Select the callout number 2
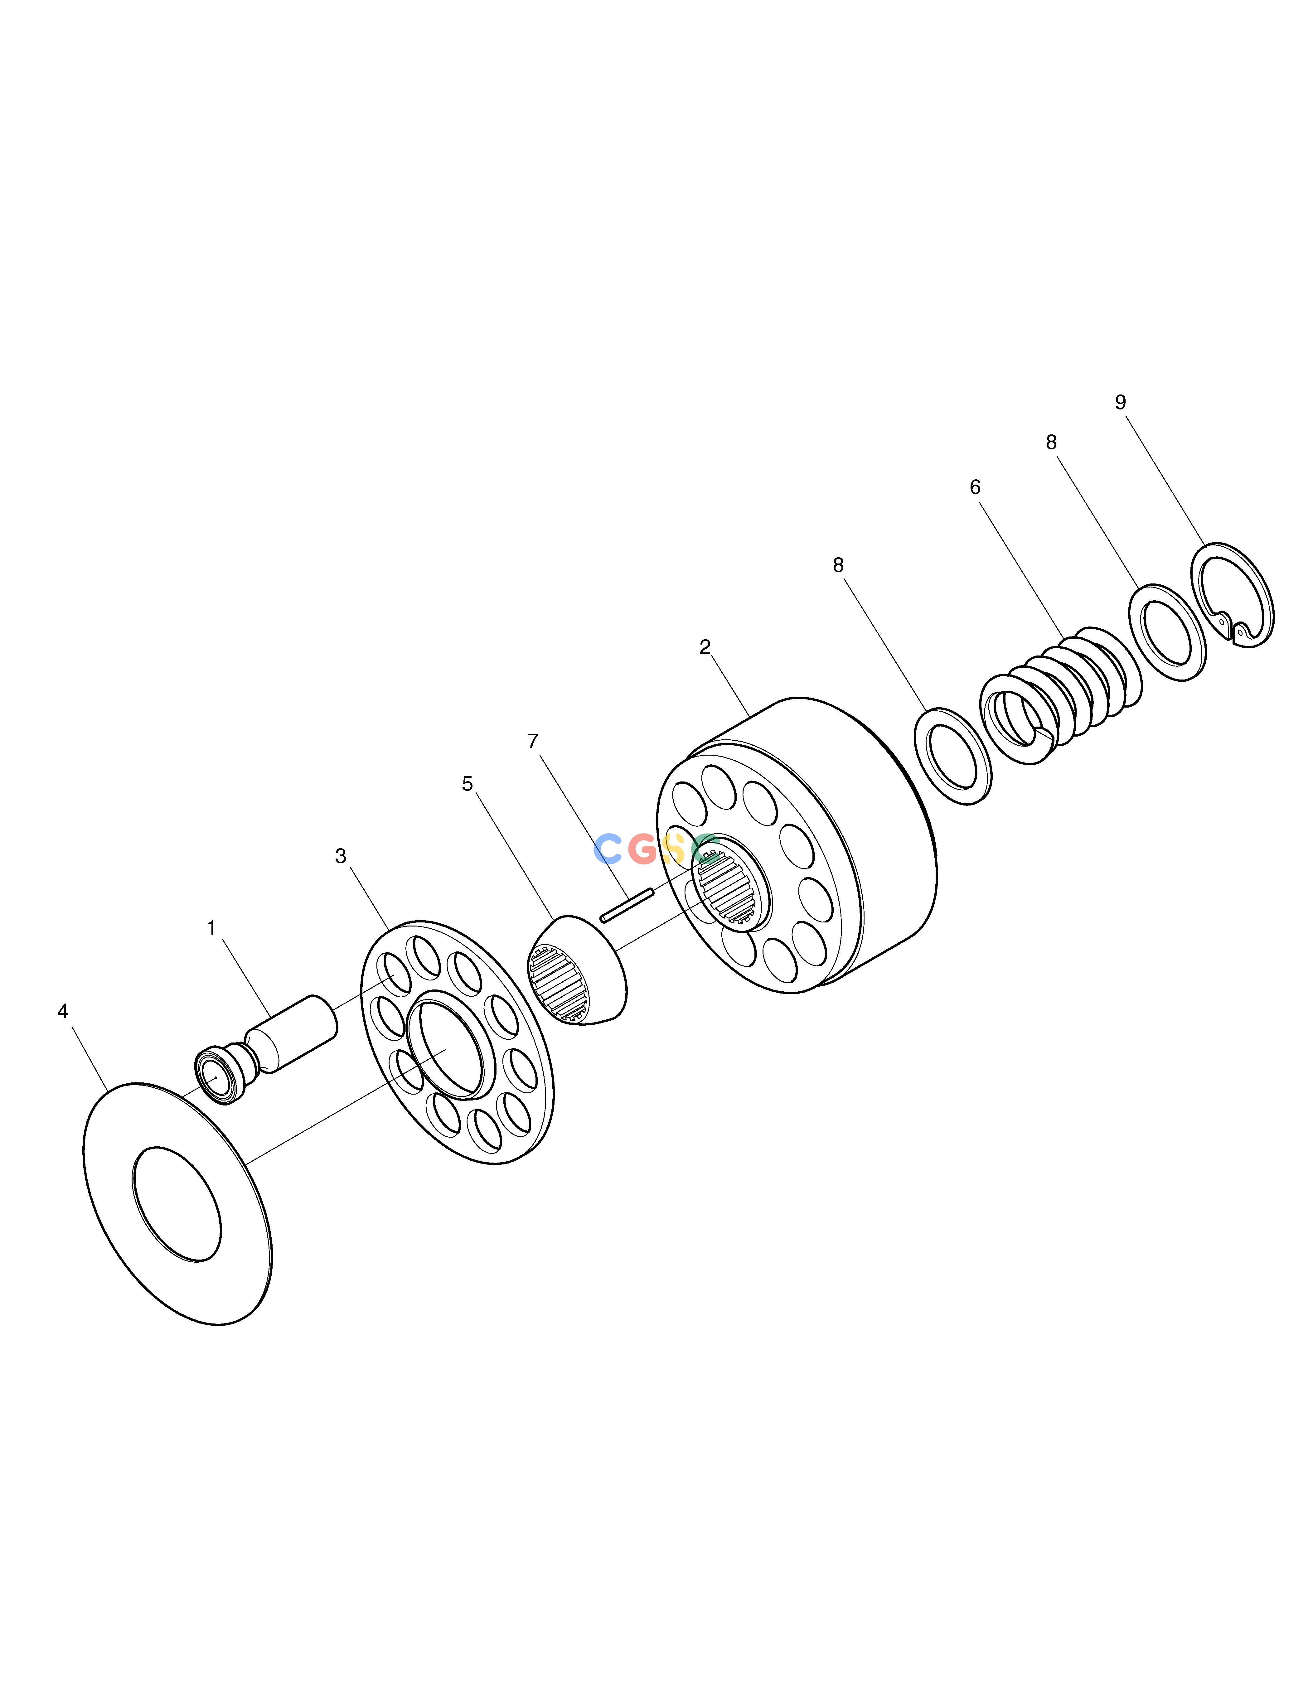coord(705,647)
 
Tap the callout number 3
coord(341,856)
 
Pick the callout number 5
coord(467,784)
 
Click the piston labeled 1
coord(268,1047)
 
